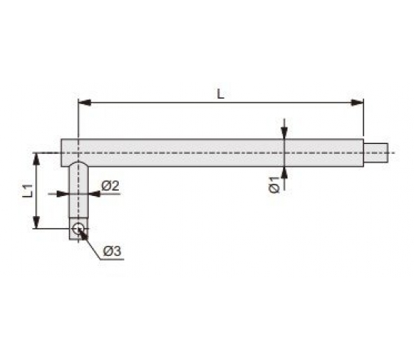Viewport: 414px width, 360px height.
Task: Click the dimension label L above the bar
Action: click(x=221, y=94)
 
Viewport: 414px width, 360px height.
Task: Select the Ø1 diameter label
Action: click(x=274, y=185)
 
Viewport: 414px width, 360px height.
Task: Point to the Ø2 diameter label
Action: click(x=110, y=186)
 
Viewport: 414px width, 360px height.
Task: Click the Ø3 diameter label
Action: click(x=112, y=251)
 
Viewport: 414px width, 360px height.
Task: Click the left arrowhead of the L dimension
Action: click(x=84, y=103)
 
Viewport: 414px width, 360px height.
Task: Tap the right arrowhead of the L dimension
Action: click(x=357, y=103)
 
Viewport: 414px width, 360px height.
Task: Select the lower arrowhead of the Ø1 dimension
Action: click(x=284, y=173)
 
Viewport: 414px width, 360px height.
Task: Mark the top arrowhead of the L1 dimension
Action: click(x=37, y=159)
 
